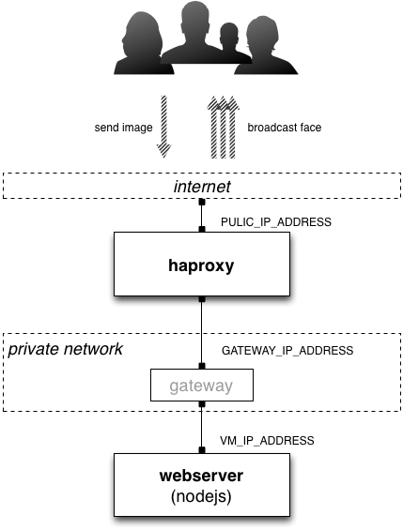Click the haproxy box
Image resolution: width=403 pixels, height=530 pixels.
click(202, 264)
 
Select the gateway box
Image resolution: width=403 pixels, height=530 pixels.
click(202, 385)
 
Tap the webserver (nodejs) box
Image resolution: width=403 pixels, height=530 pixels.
click(202, 485)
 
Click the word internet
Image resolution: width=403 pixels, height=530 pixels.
click(202, 187)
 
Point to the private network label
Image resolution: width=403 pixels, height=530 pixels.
click(66, 349)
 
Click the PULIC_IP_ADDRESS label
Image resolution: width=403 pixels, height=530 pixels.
click(276, 222)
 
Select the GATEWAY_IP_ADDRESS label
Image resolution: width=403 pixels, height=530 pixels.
click(287, 351)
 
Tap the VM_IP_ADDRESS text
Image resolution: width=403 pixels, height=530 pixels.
click(267, 441)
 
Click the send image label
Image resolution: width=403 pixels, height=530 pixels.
click(123, 128)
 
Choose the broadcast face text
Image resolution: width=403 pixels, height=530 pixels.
click(285, 128)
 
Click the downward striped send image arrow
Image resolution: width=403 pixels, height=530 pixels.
click(163, 127)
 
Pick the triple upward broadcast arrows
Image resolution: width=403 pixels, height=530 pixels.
click(223, 127)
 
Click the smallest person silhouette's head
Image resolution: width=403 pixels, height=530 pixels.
click(229, 35)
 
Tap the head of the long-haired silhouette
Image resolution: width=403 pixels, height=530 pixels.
click(143, 34)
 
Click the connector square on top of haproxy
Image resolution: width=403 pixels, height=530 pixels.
click(202, 229)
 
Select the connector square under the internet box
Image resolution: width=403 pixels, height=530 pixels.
click(202, 202)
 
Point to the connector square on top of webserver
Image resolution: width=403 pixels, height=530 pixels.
click(202, 450)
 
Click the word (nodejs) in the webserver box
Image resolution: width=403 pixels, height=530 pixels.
click(201, 497)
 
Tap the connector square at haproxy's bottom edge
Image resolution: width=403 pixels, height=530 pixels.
click(202, 299)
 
